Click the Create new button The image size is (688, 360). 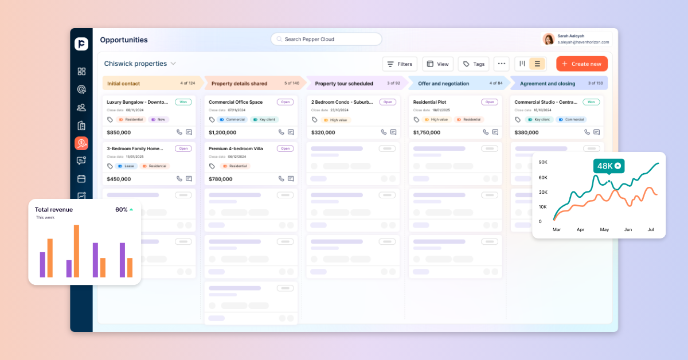coord(582,64)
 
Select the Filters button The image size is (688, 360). coord(400,64)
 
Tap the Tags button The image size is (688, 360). coord(474,64)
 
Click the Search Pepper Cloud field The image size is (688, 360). coord(326,39)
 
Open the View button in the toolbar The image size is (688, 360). coord(437,64)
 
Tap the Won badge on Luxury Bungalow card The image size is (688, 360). coord(183,102)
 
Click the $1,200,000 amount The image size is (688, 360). coord(222,132)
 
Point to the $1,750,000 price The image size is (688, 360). coord(427,132)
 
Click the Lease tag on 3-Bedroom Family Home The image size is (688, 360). coord(126,166)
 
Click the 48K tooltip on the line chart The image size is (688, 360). coord(608,166)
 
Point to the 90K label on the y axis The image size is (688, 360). coord(543,162)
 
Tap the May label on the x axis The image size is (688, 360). coord(604,229)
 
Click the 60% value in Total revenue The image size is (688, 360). coord(121,210)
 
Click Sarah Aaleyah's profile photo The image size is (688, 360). coord(549,39)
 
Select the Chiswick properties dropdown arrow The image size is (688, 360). coord(173,64)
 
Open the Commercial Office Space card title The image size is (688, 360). coord(236,102)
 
